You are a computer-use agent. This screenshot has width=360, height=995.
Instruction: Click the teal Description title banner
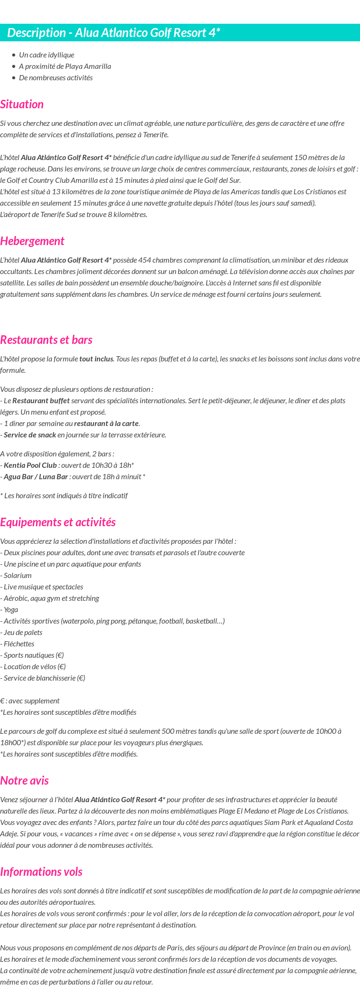180,33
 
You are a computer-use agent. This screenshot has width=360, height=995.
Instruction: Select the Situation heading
22,104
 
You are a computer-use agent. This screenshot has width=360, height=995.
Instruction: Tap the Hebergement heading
32,241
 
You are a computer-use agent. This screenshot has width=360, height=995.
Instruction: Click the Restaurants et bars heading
46,340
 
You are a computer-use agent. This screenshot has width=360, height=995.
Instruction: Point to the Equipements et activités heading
58,522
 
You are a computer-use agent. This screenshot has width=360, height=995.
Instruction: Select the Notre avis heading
24,781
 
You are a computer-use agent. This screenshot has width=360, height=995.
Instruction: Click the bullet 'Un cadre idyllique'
47,55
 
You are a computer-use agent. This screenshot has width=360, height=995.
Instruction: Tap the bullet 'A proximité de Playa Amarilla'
65,66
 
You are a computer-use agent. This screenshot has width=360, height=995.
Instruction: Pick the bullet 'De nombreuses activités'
56,78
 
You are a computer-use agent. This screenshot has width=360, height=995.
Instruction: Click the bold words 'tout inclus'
96,359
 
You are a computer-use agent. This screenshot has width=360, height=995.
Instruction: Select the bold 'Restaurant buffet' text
41,401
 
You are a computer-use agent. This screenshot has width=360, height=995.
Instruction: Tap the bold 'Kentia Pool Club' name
30,465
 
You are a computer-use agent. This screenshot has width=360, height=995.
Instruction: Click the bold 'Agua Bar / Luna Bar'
36,477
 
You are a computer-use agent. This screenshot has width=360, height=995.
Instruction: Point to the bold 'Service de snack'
29,435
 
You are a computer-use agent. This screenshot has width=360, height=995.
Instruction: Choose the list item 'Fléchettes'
19,644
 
